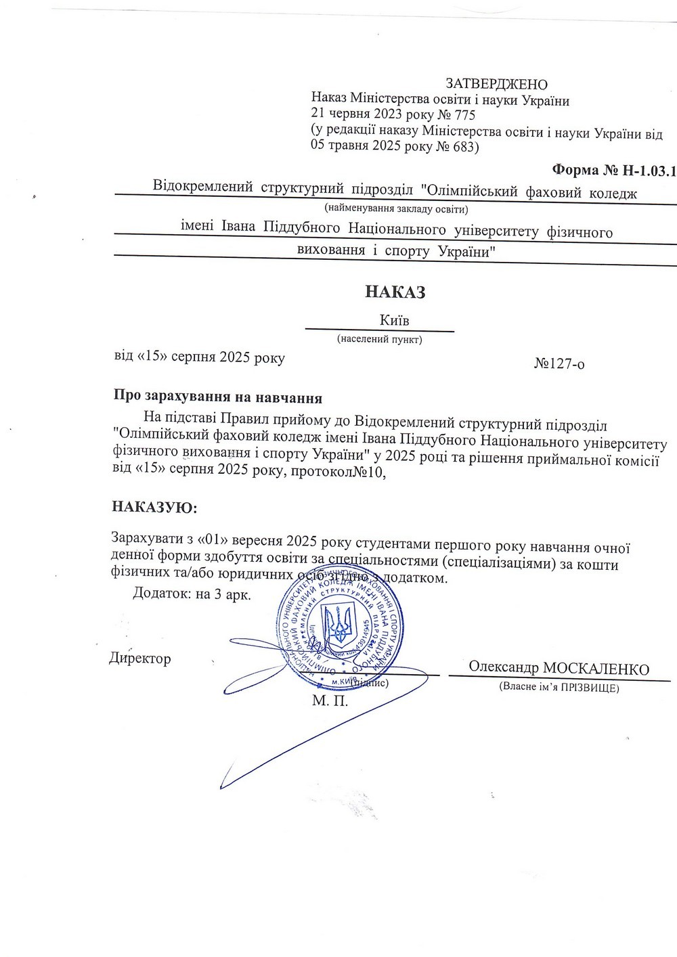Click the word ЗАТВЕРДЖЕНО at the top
pyautogui.click(x=496, y=84)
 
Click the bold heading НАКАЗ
pyautogui.click(x=395, y=292)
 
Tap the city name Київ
pyautogui.click(x=395, y=319)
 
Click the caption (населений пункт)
pyautogui.click(x=379, y=339)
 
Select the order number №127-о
pyautogui.click(x=559, y=364)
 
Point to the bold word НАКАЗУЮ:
pyautogui.click(x=155, y=507)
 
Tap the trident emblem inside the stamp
pyautogui.click(x=337, y=623)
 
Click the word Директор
pyautogui.click(x=140, y=659)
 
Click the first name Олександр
pyautogui.click(x=504, y=667)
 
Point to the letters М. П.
pyautogui.click(x=330, y=700)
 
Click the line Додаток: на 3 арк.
pyautogui.click(x=192, y=595)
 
